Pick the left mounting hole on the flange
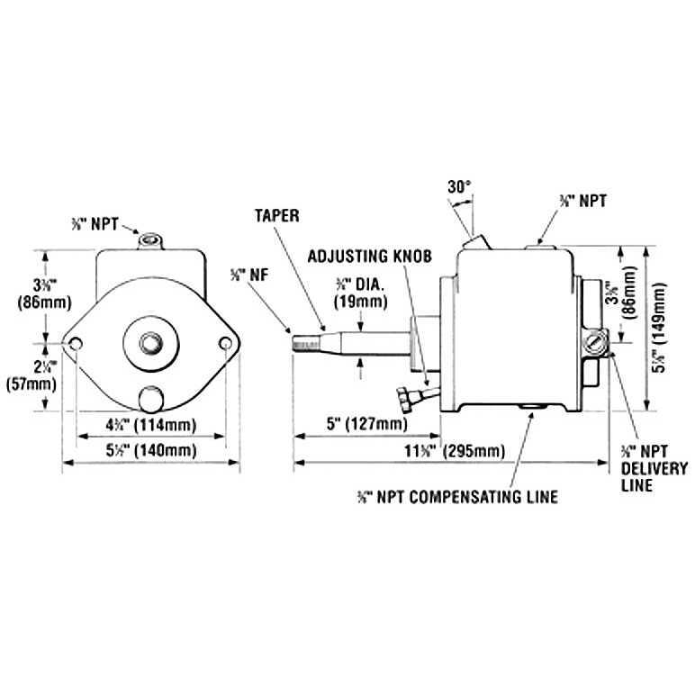76,345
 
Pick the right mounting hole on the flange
225,345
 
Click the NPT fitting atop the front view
149,241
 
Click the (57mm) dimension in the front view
38,375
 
